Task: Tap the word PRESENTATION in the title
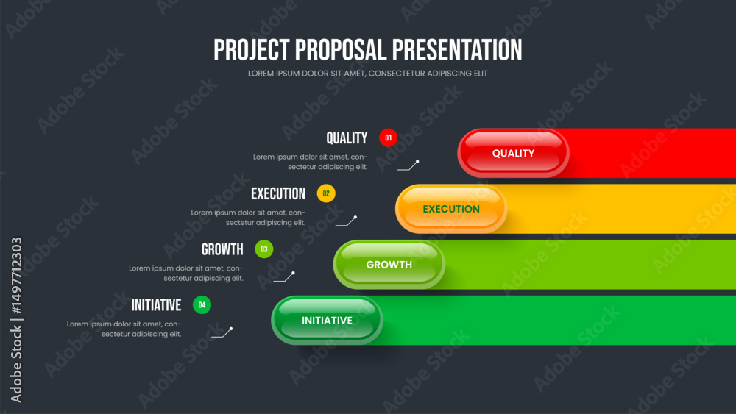point(457,50)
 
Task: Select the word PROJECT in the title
point(252,50)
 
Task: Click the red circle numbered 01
point(388,138)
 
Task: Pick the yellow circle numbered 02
point(326,193)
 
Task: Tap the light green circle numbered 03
point(263,249)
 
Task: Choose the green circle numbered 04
point(202,304)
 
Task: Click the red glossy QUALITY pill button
point(513,153)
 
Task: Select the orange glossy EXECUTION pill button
point(451,209)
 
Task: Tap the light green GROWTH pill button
point(389,265)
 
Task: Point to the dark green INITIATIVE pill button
point(328,320)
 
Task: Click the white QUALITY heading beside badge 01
point(347,138)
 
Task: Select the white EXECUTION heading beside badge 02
point(278,193)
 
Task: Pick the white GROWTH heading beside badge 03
point(222,249)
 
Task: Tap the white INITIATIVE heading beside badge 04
point(156,305)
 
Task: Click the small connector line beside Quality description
point(408,165)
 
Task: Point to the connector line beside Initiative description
point(222,333)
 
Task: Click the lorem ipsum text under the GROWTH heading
point(186,274)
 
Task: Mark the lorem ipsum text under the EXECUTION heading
point(248,218)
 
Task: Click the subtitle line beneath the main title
point(368,74)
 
